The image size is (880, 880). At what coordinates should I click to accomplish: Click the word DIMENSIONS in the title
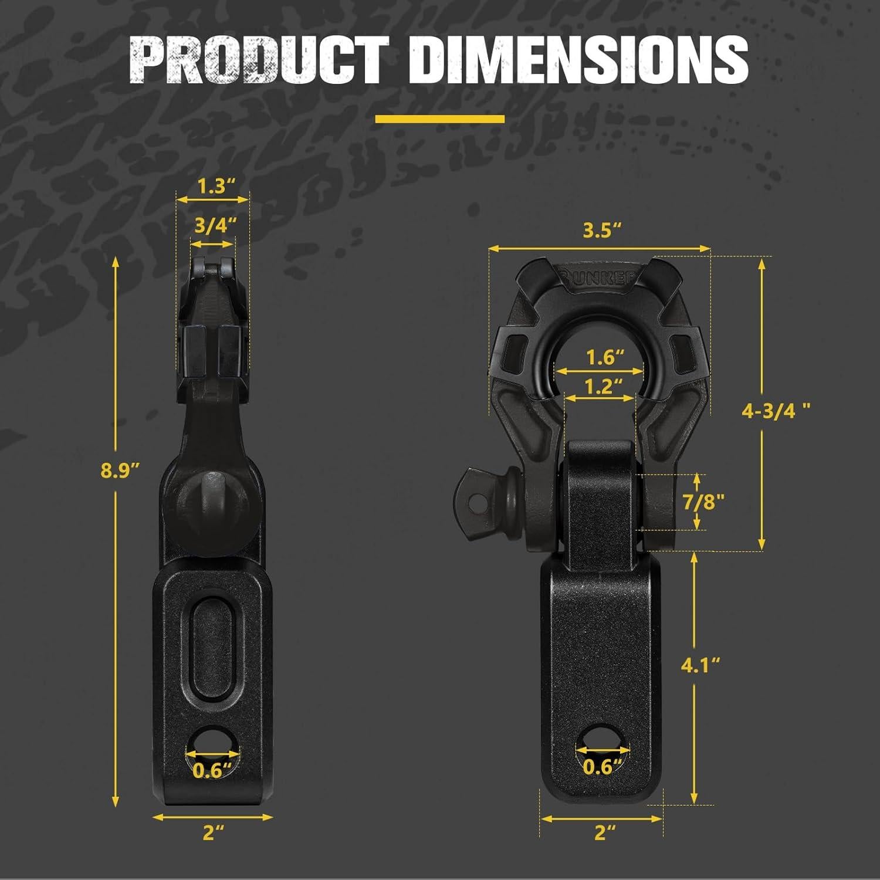pos(578,61)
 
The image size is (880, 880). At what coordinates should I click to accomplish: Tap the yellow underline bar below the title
pos(439,119)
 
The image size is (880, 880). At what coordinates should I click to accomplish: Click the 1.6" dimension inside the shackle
pos(604,357)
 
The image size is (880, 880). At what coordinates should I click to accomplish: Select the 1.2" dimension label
pos(603,386)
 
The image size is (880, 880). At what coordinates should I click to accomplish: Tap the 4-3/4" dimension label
pos(776,411)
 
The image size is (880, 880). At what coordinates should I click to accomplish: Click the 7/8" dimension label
pos(703,502)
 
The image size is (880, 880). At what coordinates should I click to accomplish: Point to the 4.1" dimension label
pos(700,665)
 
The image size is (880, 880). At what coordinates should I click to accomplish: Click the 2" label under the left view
pos(213,832)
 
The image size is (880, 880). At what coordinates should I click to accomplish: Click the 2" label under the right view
pos(605,832)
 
